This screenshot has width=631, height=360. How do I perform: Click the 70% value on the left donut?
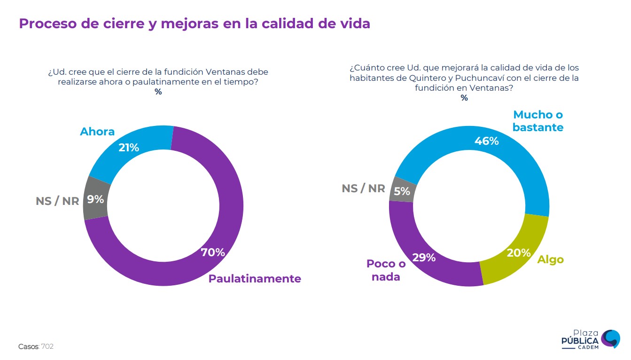click(x=213, y=252)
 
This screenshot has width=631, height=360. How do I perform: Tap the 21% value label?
click(x=129, y=148)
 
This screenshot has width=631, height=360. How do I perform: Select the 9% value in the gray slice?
click(x=95, y=199)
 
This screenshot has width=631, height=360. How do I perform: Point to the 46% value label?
click(x=486, y=141)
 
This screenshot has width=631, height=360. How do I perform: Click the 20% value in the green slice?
click(x=519, y=253)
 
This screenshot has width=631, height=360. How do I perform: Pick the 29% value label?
click(x=424, y=258)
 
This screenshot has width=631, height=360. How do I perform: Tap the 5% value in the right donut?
click(x=402, y=191)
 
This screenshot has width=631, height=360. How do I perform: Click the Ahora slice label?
click(x=97, y=132)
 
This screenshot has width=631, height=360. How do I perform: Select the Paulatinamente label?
click(x=255, y=278)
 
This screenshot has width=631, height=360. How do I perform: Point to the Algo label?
click(x=550, y=259)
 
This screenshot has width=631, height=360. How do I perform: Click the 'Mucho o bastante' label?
click(x=538, y=121)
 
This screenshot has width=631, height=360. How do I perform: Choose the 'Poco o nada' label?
click(x=386, y=270)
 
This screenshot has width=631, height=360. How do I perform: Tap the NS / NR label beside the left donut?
click(x=57, y=201)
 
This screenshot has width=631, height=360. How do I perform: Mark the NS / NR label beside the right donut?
click(x=363, y=188)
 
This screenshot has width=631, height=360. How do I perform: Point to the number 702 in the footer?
click(x=47, y=346)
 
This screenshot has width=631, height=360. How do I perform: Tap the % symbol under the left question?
click(x=158, y=92)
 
